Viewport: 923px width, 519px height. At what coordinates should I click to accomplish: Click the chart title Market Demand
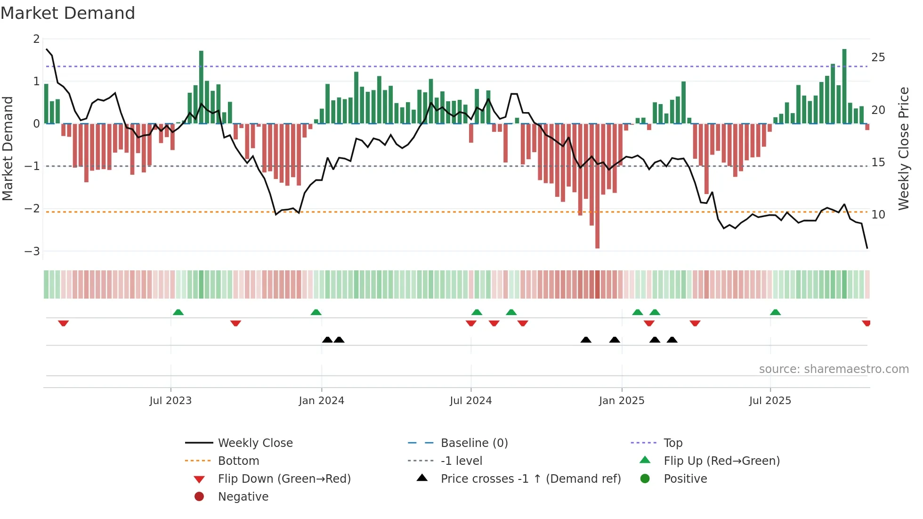[x=68, y=13]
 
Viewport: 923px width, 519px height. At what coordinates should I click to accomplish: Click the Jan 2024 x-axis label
[x=322, y=401]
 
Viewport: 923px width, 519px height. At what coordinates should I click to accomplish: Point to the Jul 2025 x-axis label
[x=770, y=401]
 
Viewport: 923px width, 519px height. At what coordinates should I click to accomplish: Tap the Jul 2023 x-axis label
[x=170, y=401]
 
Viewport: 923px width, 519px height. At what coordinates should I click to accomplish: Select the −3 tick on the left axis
[x=32, y=251]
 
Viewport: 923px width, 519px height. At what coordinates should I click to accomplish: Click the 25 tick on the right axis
[x=878, y=57]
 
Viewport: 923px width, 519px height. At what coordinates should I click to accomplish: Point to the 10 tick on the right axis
[x=878, y=215]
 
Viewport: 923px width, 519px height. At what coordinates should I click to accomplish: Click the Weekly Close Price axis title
[x=903, y=148]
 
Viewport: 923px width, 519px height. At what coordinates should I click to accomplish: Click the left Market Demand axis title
[x=8, y=148]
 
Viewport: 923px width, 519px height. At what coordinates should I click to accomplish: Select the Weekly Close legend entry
[x=255, y=443]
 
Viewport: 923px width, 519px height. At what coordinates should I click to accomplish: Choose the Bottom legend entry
[x=238, y=461]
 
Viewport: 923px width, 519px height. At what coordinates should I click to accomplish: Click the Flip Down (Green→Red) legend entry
[x=284, y=479]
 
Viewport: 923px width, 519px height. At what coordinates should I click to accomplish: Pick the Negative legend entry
[x=243, y=497]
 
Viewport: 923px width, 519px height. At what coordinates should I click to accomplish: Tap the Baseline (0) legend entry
[x=474, y=443]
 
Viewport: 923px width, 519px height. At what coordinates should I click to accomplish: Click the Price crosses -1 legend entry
[x=530, y=479]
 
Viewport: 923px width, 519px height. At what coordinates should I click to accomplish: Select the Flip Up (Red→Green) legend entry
[x=721, y=461]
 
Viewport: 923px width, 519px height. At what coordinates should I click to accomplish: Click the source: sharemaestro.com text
[x=834, y=369]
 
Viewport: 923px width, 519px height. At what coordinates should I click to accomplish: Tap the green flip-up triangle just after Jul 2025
[x=775, y=312]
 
